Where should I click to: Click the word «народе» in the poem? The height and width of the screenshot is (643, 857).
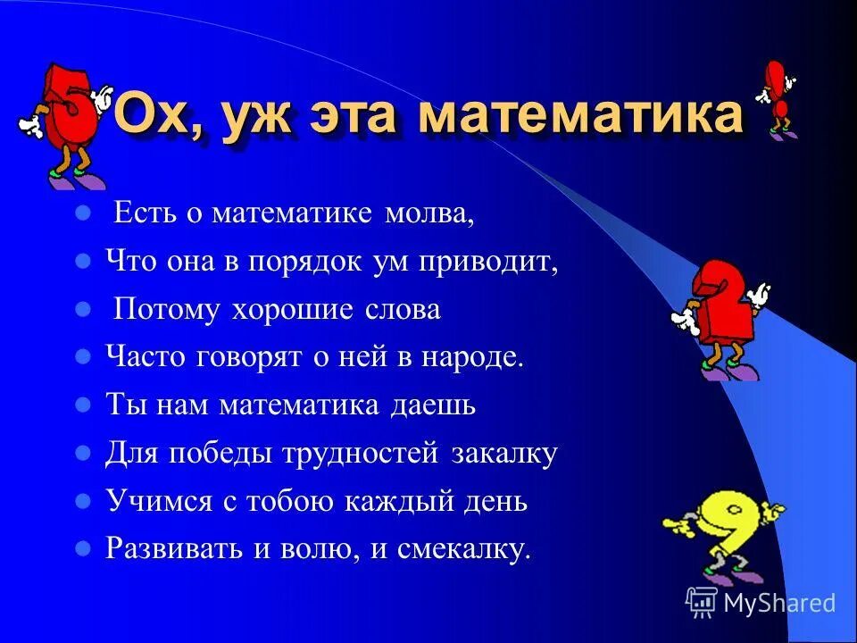472,357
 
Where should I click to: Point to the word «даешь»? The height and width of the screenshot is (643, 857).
432,405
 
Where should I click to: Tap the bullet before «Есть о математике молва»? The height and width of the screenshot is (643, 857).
84,214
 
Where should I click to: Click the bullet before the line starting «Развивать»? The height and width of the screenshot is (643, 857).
84,547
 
